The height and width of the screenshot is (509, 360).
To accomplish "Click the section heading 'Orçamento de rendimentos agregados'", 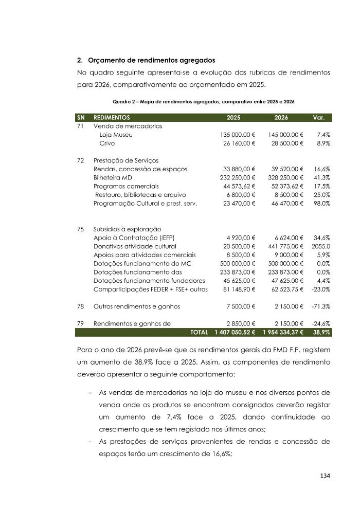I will point(151,61).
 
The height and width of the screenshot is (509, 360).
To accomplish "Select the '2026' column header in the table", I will point(282,117).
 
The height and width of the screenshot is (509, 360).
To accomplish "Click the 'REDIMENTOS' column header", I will point(112,117).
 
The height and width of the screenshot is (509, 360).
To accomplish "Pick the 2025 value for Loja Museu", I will point(237,135).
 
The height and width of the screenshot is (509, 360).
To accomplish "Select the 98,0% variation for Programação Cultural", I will point(320,203).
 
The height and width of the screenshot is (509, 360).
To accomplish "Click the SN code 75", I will point(81,229).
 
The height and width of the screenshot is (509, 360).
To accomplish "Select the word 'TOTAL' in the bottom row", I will point(199,333).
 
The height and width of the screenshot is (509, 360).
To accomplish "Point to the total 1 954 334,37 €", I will point(283,333).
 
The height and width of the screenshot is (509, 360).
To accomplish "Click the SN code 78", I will point(81,306).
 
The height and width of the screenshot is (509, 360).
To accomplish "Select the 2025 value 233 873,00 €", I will point(237,272).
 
